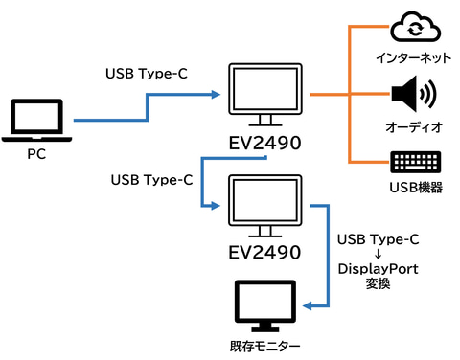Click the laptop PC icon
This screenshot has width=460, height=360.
pyautogui.click(x=36, y=120)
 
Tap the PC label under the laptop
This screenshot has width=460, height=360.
pyautogui.click(x=36, y=154)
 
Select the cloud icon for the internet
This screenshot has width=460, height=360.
pyautogui.click(x=415, y=27)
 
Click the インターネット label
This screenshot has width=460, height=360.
pyautogui.click(x=413, y=58)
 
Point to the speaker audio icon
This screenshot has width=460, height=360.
pyautogui.click(x=414, y=94)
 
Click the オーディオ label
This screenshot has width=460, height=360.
pyautogui.click(x=414, y=127)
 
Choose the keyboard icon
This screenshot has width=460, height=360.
pyautogui.click(x=416, y=162)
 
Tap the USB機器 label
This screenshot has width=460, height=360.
pyautogui.click(x=416, y=188)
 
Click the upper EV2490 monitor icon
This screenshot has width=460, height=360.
pyautogui.click(x=265, y=95)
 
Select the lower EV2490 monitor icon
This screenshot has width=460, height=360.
pyautogui.click(x=265, y=206)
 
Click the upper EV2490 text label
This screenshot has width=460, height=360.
pyautogui.click(x=264, y=143)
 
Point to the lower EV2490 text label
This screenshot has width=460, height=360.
pyautogui.click(x=264, y=252)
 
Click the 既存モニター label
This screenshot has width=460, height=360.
pyautogui.click(x=264, y=347)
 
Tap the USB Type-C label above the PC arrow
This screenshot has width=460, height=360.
pyautogui.click(x=147, y=74)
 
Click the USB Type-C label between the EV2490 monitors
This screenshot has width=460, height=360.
pyautogui.click(x=151, y=180)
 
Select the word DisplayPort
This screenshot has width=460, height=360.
pyautogui.click(x=379, y=269)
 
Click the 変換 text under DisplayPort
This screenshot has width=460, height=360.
pyautogui.click(x=379, y=283)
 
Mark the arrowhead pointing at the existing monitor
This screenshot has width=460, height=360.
pyautogui.click(x=307, y=306)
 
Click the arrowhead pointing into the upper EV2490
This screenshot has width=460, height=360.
pyautogui.click(x=217, y=95)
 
